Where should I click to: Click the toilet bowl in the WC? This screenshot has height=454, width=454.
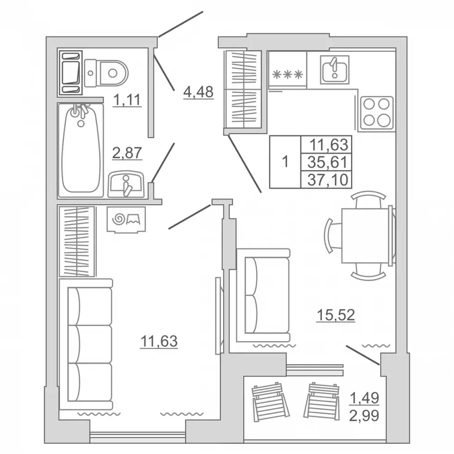[107, 73]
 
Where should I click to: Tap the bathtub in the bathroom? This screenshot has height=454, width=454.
[81, 150]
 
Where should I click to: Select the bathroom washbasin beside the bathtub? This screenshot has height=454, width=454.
[126, 184]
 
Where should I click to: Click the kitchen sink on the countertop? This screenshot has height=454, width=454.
[334, 70]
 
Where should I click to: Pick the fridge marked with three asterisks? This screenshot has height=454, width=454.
[288, 69]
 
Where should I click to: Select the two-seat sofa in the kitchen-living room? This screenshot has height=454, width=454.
[264, 295]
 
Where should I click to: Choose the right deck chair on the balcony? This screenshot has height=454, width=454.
[322, 401]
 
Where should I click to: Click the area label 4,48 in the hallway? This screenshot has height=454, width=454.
[198, 92]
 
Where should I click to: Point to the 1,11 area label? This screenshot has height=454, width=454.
[127, 100]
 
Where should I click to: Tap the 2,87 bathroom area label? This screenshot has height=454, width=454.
[127, 152]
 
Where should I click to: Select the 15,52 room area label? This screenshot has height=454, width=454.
[336, 315]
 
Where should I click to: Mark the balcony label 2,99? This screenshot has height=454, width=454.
[364, 416]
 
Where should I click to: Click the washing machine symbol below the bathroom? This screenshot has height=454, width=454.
[126, 220]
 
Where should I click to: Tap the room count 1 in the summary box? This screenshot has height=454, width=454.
[285, 162]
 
